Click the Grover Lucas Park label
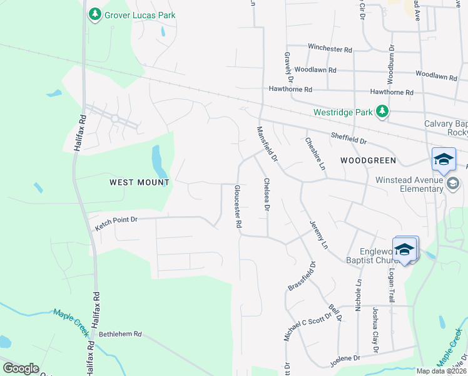tap(140, 14)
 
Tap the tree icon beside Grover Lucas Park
tap(94, 14)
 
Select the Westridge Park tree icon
tap(382, 112)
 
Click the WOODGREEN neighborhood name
tap(368, 160)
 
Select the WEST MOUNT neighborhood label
tap(140, 182)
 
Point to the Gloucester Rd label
tap(238, 206)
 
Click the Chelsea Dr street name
tap(267, 194)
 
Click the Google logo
tap(21, 368)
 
